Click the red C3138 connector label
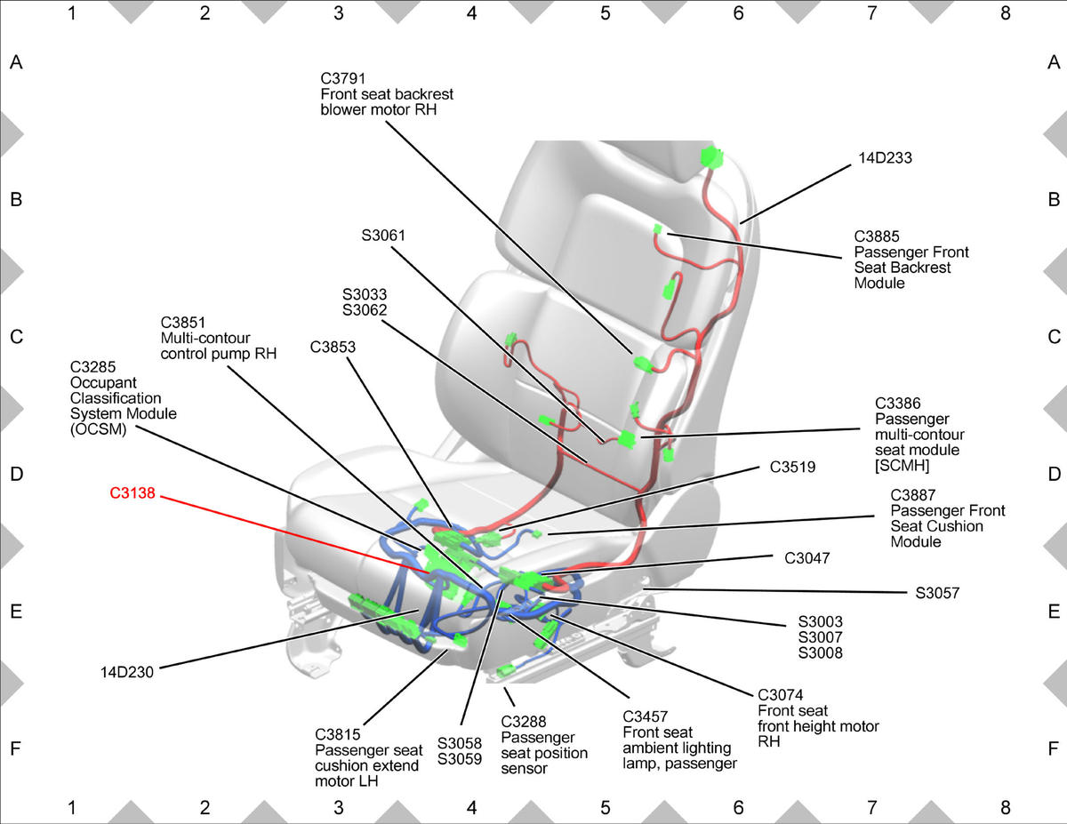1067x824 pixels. click(x=132, y=493)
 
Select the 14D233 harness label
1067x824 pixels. click(x=885, y=158)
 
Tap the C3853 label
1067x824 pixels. click(x=333, y=347)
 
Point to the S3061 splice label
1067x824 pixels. click(x=383, y=236)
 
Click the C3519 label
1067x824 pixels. click(x=792, y=467)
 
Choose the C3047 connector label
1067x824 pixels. click(x=806, y=558)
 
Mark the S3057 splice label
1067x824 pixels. click(x=937, y=593)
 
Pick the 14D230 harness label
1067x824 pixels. click(x=126, y=672)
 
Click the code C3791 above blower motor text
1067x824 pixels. click(x=342, y=78)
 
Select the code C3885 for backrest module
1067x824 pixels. click(x=877, y=236)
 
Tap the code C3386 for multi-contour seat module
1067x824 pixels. click(x=897, y=404)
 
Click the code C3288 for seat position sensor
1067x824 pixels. click(x=524, y=722)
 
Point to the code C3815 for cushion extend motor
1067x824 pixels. click(x=337, y=735)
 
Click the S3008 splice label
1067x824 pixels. click(x=820, y=652)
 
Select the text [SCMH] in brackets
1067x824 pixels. click(x=902, y=465)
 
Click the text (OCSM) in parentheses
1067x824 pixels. click(x=98, y=429)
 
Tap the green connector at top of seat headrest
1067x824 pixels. click(x=711, y=157)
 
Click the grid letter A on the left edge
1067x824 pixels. click(x=16, y=62)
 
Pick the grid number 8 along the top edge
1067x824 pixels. click(x=1005, y=13)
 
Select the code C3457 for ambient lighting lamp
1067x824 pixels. click(x=646, y=716)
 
